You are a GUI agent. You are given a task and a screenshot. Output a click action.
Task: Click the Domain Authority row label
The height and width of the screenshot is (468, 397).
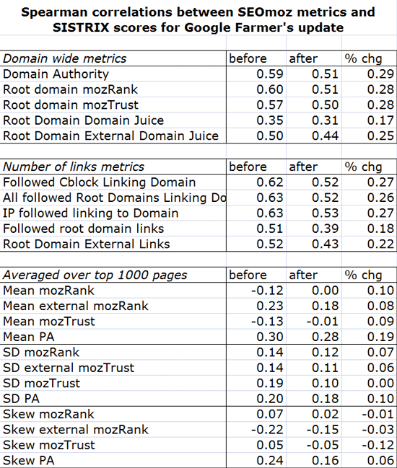coord(56,74)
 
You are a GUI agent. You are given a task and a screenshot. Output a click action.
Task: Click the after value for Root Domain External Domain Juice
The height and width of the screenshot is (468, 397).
coord(325,136)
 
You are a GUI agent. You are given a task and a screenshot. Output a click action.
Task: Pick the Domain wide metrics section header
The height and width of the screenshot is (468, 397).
coord(65,58)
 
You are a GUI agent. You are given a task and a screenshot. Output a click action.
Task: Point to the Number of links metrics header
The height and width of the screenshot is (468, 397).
coord(74,167)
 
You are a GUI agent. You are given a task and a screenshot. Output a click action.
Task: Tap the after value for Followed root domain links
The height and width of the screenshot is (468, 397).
coord(325,229)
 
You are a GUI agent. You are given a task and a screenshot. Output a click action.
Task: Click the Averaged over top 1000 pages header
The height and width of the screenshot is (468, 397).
coord(95,275)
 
